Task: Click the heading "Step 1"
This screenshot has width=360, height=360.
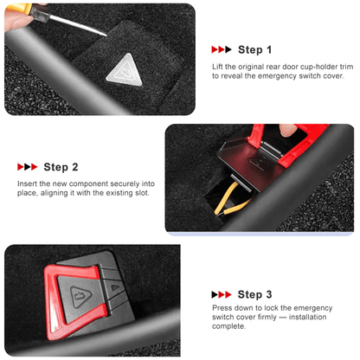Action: point(254,50)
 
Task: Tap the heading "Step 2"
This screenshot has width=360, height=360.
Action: point(61,167)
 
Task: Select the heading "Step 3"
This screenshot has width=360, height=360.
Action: point(254,294)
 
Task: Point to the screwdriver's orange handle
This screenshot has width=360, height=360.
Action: point(16,8)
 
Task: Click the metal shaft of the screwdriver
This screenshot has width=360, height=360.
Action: point(78,25)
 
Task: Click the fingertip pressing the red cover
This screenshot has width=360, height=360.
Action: point(287,130)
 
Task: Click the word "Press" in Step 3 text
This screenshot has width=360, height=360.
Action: point(222,308)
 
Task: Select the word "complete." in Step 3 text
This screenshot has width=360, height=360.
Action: point(229,326)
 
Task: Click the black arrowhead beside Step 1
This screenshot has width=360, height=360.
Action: point(228,49)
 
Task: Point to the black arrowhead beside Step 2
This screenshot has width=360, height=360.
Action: point(28,167)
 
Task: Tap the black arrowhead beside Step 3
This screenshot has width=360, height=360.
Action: point(215,294)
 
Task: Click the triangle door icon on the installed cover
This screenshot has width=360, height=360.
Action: point(80,297)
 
